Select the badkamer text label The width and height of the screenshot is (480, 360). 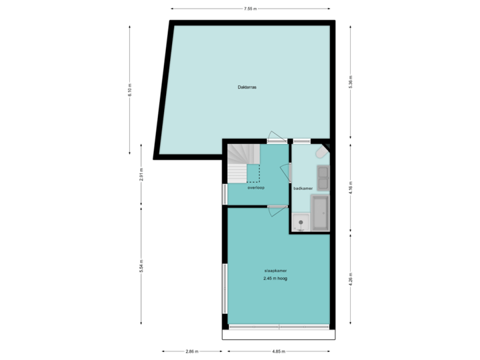point(303,189)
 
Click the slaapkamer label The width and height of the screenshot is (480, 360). point(275,271)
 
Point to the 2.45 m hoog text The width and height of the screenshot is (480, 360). point(275,279)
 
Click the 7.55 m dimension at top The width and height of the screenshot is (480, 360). point(250,9)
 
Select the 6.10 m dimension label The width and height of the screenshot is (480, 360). point(130,90)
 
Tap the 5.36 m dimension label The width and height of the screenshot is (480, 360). point(351,81)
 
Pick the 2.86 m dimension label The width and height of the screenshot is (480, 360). point(191,351)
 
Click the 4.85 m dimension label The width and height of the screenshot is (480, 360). point(279,351)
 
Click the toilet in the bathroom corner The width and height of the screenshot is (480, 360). point(321,153)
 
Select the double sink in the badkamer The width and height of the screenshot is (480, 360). point(323,177)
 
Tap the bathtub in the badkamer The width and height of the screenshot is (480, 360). point(320,213)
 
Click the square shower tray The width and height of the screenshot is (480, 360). point(301,222)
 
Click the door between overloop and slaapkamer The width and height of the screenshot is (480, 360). point(277,209)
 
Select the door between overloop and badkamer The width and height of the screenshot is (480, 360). point(290,172)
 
